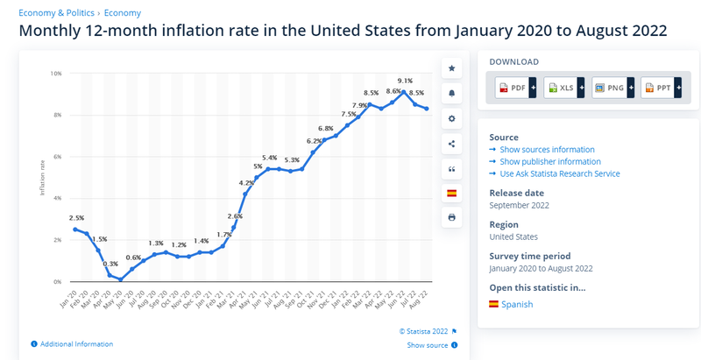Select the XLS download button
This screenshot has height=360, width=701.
[x=563, y=88]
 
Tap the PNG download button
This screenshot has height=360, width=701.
[x=612, y=88]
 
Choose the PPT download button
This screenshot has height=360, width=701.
[x=662, y=88]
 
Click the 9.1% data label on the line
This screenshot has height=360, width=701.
[x=405, y=81]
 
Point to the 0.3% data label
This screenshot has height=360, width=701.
[x=110, y=264]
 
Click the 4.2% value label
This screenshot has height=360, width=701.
[x=246, y=182]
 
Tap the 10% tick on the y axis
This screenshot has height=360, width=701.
[x=56, y=74]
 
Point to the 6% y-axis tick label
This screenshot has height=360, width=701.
[x=56, y=157]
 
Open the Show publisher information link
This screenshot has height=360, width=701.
[x=550, y=161]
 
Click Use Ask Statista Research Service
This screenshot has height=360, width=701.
[x=559, y=173]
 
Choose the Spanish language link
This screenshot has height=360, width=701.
[x=516, y=304]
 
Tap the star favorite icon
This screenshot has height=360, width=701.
[x=451, y=67]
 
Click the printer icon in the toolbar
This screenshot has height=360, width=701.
[x=451, y=217]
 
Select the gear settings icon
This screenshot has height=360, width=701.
[x=451, y=118]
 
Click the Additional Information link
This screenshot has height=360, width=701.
[x=76, y=344]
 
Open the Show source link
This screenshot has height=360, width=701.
[x=428, y=345]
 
